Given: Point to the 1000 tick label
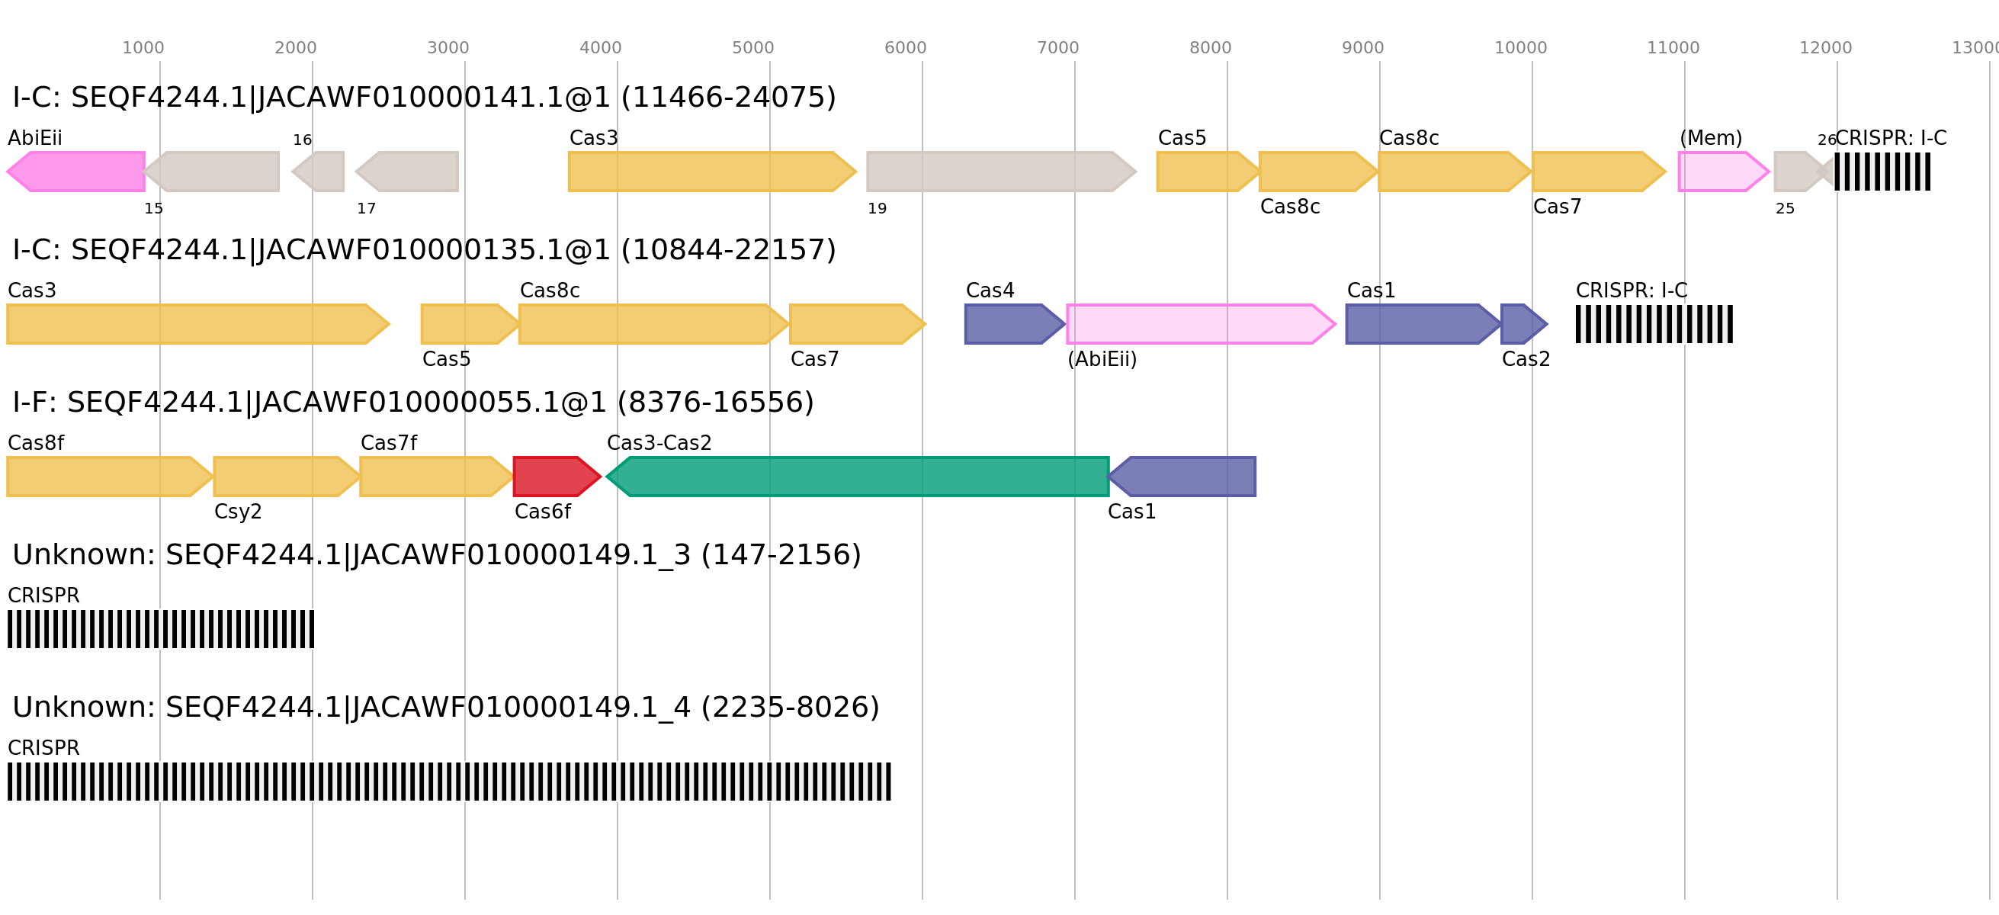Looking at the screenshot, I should pyautogui.click(x=143, y=48).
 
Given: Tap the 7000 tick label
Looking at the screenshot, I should pyautogui.click(x=1057, y=48).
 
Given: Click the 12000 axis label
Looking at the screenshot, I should pyautogui.click(x=1825, y=48).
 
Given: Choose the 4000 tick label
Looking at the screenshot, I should pyautogui.click(x=600, y=48).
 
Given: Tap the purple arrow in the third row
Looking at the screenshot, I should pyautogui.click(x=1184, y=477).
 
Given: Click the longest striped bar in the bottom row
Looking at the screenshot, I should pyautogui.click(x=449, y=782).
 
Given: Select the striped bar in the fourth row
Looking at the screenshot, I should pyautogui.click(x=161, y=629).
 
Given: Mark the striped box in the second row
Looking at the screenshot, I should pyautogui.click(x=1654, y=323).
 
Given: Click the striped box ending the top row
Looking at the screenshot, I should pyautogui.click(x=1882, y=172).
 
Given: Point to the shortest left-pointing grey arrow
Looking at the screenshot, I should pyautogui.click(x=319, y=172).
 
